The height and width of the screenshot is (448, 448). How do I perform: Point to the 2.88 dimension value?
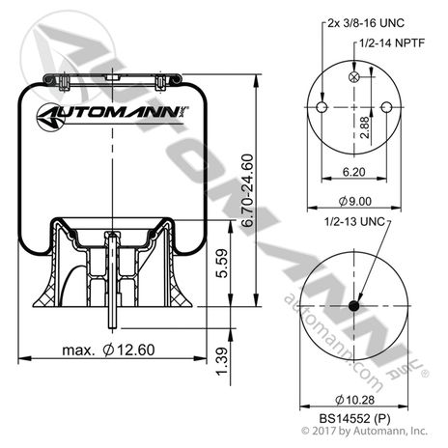pyautogui.click(x=364, y=128)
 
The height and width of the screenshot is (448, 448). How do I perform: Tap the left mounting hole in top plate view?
pyautogui.click(x=321, y=106)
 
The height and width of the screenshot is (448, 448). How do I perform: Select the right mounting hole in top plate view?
pyautogui.click(x=387, y=106)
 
